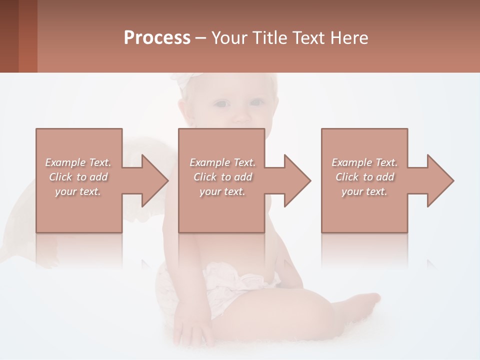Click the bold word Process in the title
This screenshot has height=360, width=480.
(x=157, y=38)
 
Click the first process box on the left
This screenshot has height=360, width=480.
(x=79, y=180)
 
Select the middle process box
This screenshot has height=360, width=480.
(x=221, y=180)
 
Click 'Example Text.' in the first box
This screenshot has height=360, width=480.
(x=78, y=162)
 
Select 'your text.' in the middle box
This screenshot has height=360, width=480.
(x=222, y=191)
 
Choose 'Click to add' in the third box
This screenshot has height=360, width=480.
(x=364, y=177)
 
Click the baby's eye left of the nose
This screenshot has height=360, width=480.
(x=222, y=104)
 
